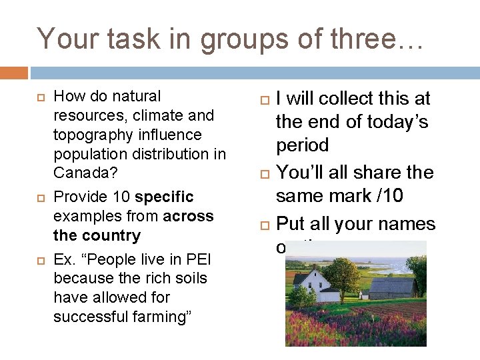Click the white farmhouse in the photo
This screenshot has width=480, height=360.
[x=312, y=285]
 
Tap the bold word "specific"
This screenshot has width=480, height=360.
[x=164, y=197]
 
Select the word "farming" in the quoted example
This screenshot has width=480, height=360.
[x=157, y=317]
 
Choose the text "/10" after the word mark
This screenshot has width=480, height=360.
[x=375, y=196]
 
